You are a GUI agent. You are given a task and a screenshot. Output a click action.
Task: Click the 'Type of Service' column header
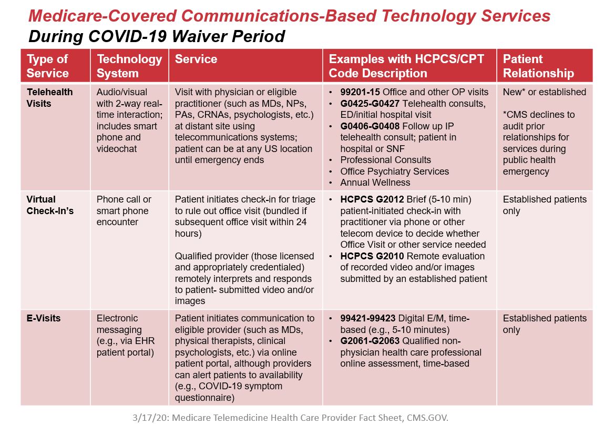[x=47, y=66]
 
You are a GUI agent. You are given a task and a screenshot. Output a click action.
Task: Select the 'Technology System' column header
[x=129, y=66]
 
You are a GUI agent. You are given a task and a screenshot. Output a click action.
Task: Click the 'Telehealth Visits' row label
[x=49, y=97]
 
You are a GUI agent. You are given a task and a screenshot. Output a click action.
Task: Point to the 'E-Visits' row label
[x=44, y=318]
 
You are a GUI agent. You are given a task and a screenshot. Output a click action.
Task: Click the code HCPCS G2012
[x=372, y=199]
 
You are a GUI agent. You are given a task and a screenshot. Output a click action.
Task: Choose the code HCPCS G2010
[x=372, y=256]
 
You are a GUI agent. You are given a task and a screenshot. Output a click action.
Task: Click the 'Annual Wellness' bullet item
[x=375, y=183]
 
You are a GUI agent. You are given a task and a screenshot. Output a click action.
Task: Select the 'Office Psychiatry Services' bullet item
[x=394, y=171]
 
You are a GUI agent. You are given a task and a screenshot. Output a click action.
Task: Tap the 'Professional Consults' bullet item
[x=385, y=160]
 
